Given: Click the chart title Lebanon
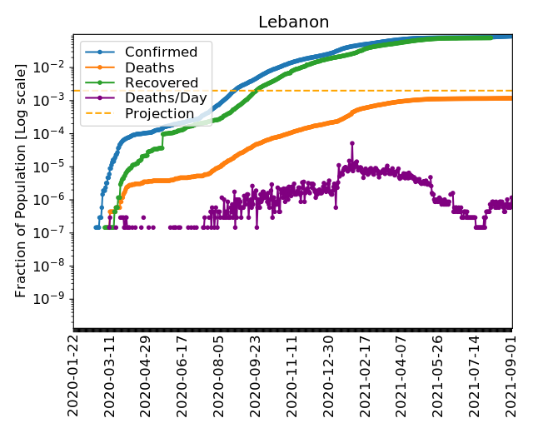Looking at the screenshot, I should pos(293,22).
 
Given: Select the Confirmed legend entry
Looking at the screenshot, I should pos(161,52).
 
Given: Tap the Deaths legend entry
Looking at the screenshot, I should pos(149,67).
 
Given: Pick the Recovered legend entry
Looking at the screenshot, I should pos(162,82).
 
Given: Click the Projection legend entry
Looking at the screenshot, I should pos(159,112).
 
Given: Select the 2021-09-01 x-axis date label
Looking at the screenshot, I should pos(511,375).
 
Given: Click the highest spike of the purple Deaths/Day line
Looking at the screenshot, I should pos(352,143).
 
